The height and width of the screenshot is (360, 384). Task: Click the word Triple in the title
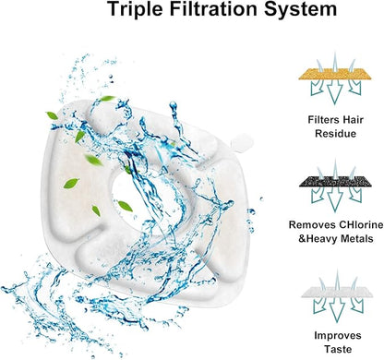(135, 9)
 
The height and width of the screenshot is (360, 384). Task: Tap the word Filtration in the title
(213, 8)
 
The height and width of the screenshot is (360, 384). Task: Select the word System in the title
(300, 9)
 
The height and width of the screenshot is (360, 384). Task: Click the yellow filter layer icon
(335, 74)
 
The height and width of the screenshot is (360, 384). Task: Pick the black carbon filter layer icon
(335, 182)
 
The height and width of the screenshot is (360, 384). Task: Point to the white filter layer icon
(337, 293)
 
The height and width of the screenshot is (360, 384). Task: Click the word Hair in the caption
(351, 119)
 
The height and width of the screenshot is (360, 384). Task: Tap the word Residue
(336, 134)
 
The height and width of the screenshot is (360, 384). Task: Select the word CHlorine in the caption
(361, 224)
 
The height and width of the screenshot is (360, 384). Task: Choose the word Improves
(338, 335)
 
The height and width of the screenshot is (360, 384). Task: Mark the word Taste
(338, 349)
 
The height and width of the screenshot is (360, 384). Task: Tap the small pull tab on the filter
(242, 142)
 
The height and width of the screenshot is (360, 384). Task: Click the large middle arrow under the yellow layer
(334, 91)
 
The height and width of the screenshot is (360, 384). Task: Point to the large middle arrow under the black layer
(335, 199)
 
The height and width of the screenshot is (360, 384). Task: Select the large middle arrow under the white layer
(337, 310)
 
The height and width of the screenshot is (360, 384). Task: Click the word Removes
(312, 224)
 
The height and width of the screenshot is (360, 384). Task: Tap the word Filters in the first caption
(321, 119)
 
